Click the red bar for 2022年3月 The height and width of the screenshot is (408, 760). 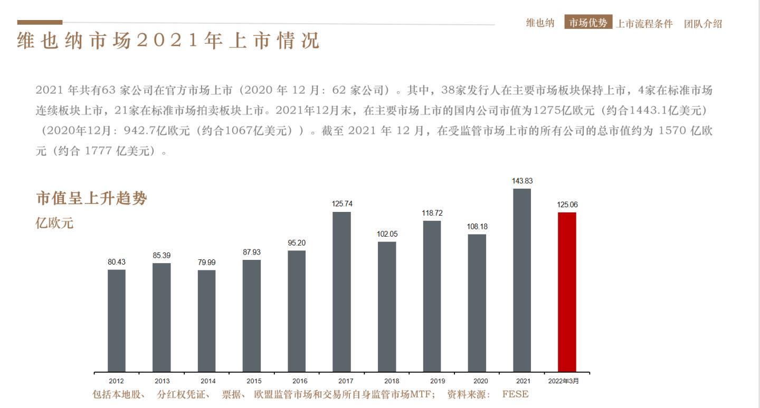click(567, 292)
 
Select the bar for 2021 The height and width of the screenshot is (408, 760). click(522, 280)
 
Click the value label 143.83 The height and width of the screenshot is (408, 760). click(522, 181)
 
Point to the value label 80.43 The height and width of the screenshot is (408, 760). click(117, 262)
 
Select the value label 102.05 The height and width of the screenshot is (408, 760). click(387, 234)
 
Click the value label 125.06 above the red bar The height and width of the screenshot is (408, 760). click(567, 205)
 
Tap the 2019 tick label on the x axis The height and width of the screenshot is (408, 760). click(437, 381)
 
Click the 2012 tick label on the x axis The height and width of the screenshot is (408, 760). click(117, 381)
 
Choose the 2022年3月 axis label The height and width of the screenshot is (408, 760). click(564, 381)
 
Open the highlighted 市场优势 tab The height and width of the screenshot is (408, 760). click(588, 23)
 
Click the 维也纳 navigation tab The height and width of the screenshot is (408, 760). click(540, 23)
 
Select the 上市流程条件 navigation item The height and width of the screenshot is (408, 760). click(644, 24)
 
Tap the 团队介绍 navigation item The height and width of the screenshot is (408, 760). click(703, 24)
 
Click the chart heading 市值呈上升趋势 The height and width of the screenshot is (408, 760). click(91, 199)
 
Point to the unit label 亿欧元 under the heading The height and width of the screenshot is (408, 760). click(54, 223)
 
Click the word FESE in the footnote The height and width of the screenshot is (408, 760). click(515, 394)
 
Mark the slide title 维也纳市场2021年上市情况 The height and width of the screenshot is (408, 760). click(168, 41)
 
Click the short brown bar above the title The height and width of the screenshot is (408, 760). click(40, 22)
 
